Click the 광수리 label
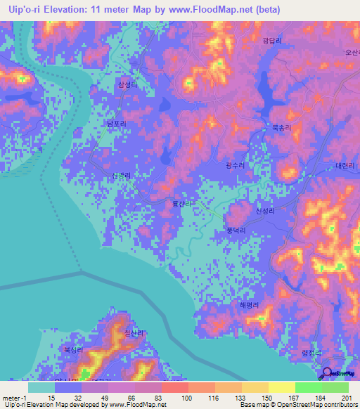[236, 164]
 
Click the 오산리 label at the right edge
[351, 51]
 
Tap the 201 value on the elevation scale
[344, 398]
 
